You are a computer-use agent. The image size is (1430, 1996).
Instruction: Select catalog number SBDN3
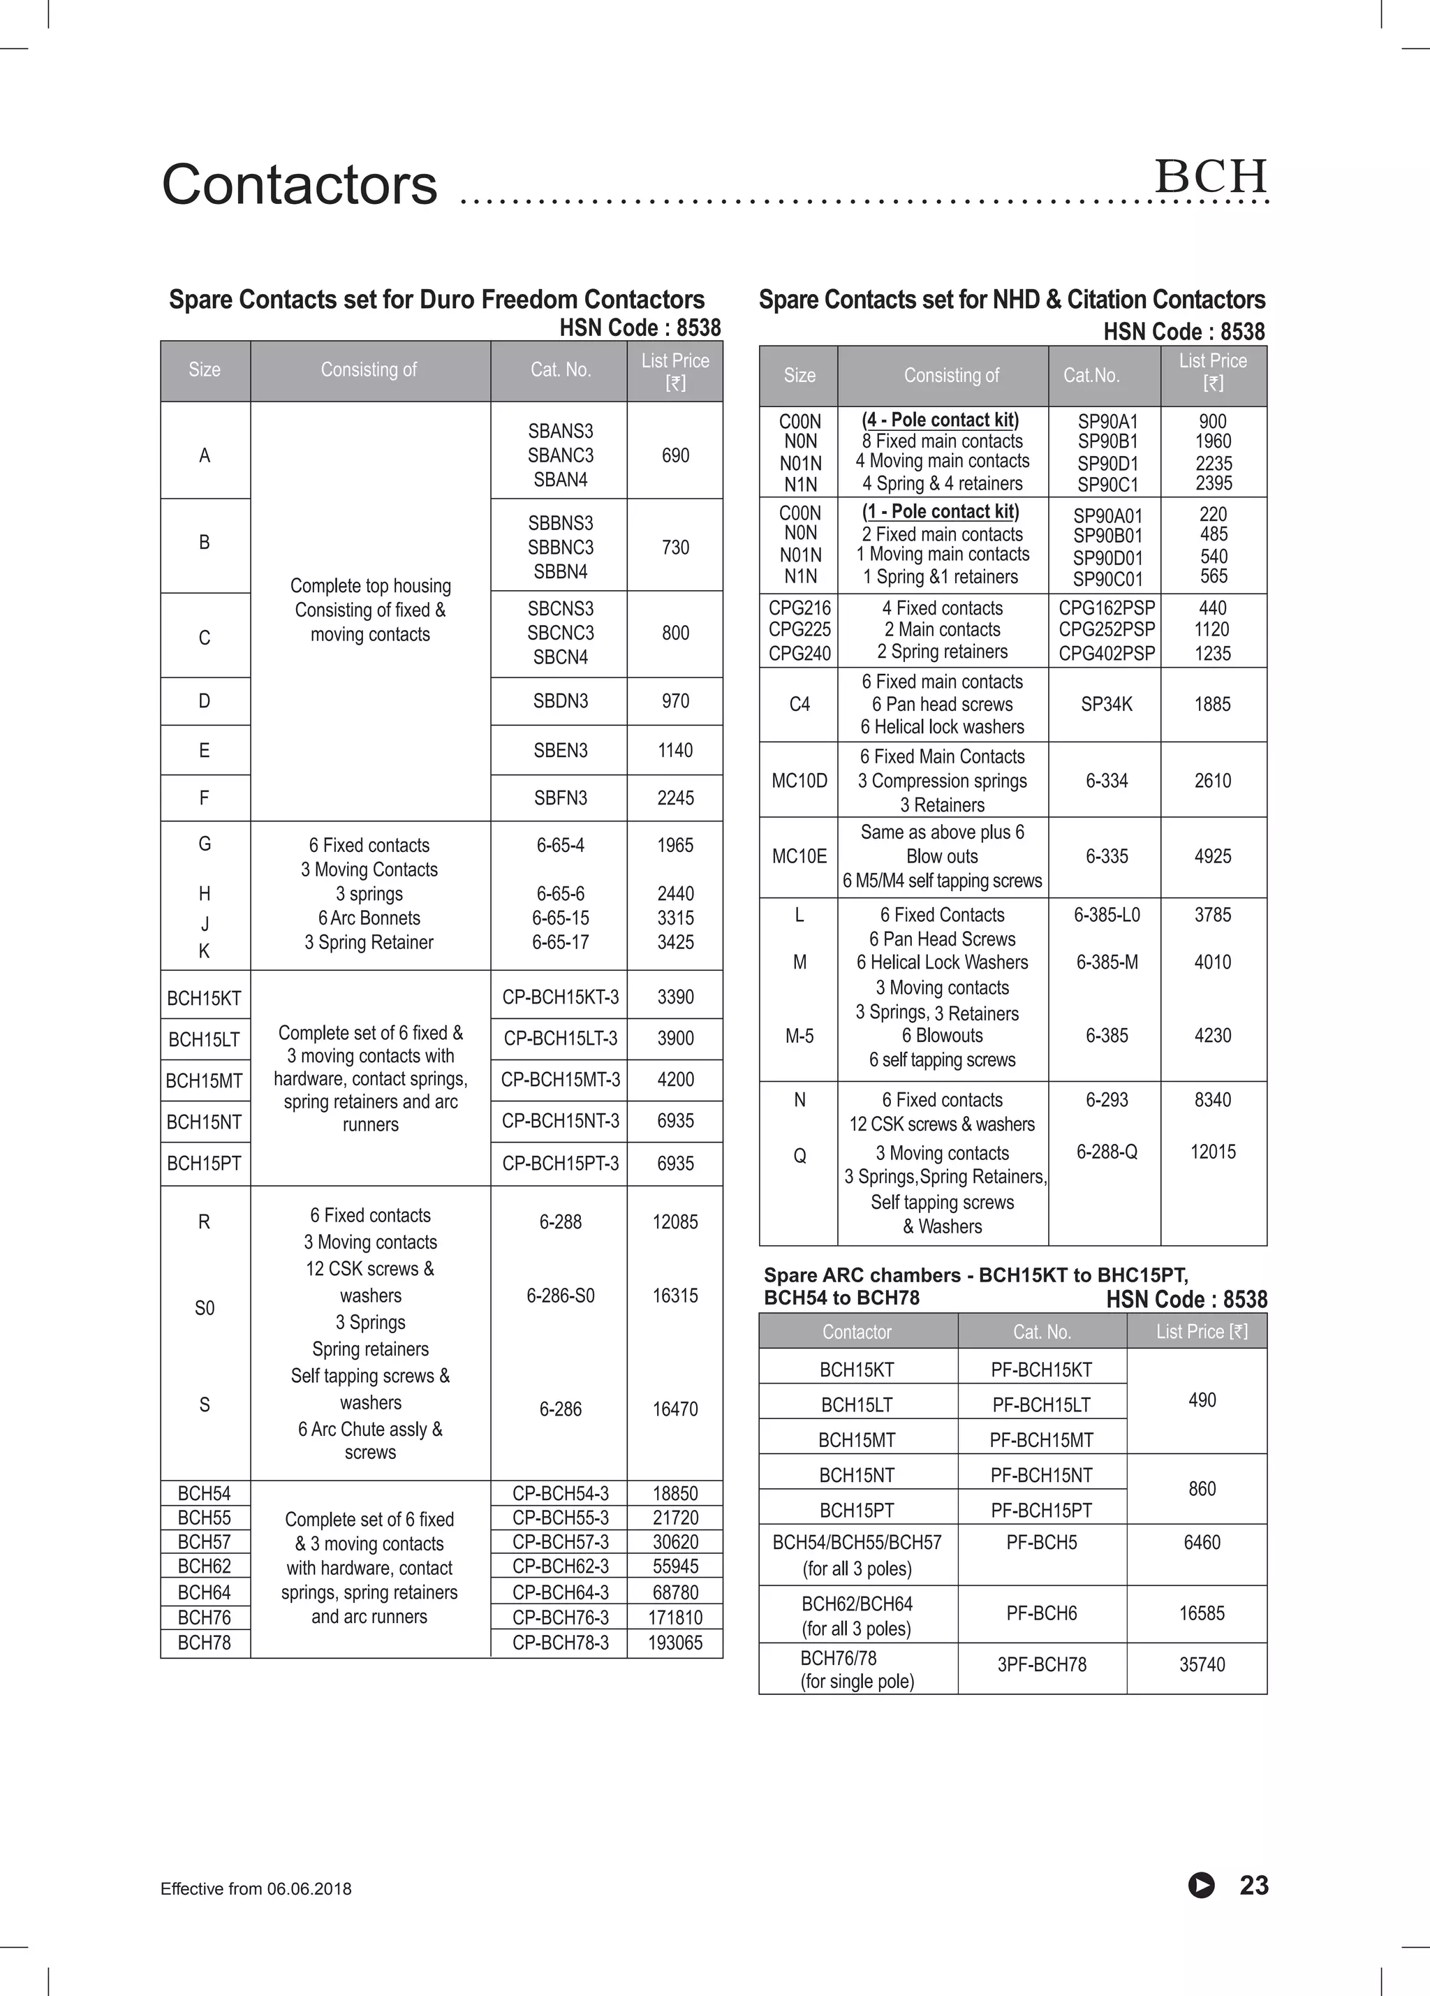pos(561,701)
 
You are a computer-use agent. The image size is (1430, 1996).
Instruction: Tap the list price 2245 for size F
pos(675,798)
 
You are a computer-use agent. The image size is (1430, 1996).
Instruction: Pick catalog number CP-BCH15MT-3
pos(561,1080)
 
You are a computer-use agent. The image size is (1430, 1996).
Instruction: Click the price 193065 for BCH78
pos(675,1643)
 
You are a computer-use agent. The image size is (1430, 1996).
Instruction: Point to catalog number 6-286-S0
pos(561,1296)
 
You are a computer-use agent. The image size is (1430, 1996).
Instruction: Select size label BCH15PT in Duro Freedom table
pos(204,1164)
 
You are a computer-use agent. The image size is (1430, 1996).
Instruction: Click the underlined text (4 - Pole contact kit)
pos(940,420)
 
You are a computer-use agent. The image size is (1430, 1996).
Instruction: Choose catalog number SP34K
pos(1106,704)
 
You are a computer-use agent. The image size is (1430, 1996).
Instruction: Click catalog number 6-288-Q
pos(1106,1152)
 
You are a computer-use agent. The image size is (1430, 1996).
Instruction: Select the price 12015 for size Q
pos(1213,1152)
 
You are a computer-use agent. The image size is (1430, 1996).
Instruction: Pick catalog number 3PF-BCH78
pos(1041,1665)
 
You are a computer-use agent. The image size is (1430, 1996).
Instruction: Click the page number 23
pos(1254,1885)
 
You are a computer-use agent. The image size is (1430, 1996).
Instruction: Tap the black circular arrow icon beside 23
pos(1201,1885)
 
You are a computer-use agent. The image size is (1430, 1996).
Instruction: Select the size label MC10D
pos(799,781)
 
